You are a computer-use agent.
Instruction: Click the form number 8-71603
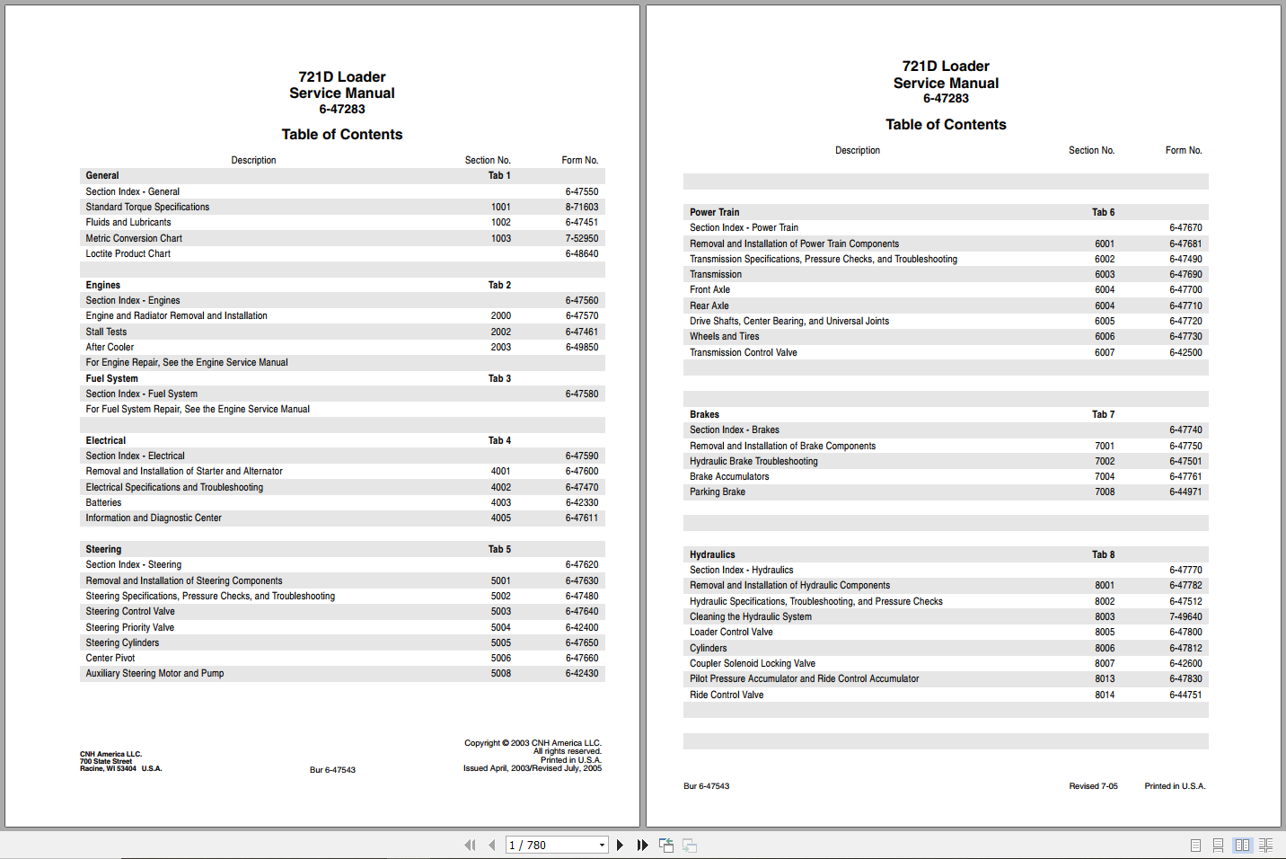[x=581, y=207]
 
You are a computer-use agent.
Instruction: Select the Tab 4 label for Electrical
[x=499, y=440]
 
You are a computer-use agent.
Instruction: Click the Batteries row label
[x=103, y=502]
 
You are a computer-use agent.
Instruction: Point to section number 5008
[x=500, y=673]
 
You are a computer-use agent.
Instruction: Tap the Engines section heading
[x=103, y=285]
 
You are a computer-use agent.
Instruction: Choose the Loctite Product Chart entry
[x=128, y=253]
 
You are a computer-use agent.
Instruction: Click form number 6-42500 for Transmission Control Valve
[x=1185, y=352]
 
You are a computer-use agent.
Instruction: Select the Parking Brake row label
[x=717, y=491]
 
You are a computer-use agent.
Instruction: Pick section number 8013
[x=1105, y=678]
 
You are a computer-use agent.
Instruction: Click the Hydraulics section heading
[x=712, y=554]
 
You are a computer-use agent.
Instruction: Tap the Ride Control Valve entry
[x=727, y=695]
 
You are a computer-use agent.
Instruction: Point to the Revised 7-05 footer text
[x=1093, y=786]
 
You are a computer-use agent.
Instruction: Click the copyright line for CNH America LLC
[x=533, y=743]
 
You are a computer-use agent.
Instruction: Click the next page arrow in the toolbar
[x=620, y=845]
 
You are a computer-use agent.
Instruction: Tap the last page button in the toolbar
[x=642, y=845]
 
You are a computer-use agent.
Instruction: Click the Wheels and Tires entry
[x=724, y=336]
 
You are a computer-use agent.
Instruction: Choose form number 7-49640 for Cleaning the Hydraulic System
[x=1185, y=616]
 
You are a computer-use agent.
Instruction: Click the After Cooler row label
[x=110, y=347]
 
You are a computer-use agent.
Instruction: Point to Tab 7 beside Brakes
[x=1103, y=414]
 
